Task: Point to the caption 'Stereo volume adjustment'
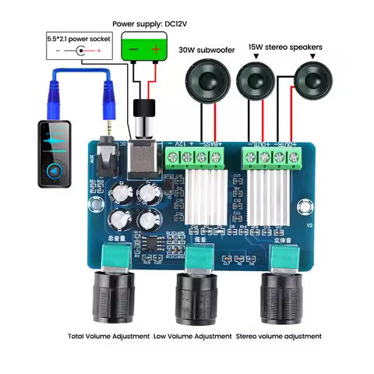(278, 337)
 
